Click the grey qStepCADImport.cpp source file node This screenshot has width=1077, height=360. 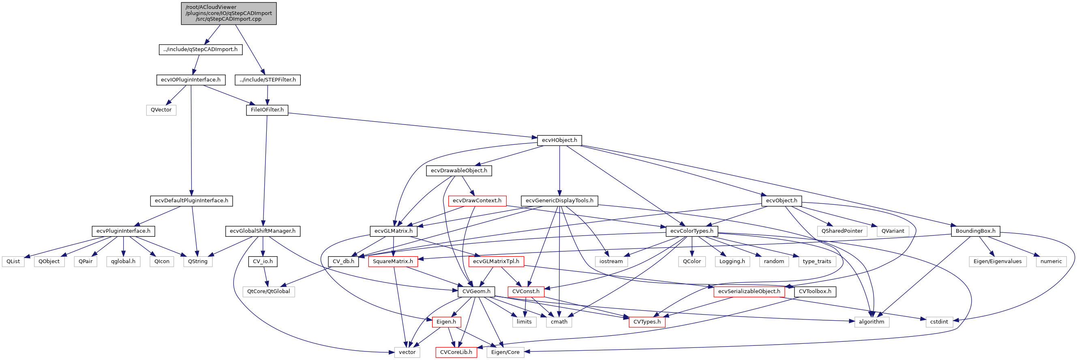(x=228, y=13)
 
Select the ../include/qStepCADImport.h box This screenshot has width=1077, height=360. (x=200, y=49)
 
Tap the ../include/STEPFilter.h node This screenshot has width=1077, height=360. (x=268, y=80)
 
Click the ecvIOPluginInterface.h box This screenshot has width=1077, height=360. (x=191, y=80)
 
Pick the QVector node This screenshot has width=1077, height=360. (x=161, y=110)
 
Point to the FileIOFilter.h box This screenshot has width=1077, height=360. (x=267, y=110)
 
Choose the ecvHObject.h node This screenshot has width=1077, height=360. (x=559, y=141)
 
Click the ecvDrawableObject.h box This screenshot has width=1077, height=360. (x=458, y=171)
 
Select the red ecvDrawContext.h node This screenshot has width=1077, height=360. (x=477, y=201)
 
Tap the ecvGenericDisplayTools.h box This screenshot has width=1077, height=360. (x=559, y=201)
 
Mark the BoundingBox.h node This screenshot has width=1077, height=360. (x=975, y=231)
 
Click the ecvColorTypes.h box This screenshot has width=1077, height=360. (x=692, y=231)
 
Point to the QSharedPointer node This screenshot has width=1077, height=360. (x=841, y=231)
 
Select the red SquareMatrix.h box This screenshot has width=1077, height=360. (x=393, y=262)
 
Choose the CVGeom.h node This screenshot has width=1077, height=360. (x=476, y=291)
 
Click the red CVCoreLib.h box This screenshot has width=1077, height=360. (x=456, y=352)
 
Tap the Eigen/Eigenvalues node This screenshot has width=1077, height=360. (x=997, y=262)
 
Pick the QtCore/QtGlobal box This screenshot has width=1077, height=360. (x=268, y=291)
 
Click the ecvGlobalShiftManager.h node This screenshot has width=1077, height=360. (x=262, y=231)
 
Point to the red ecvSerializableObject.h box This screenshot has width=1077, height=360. (x=749, y=291)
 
